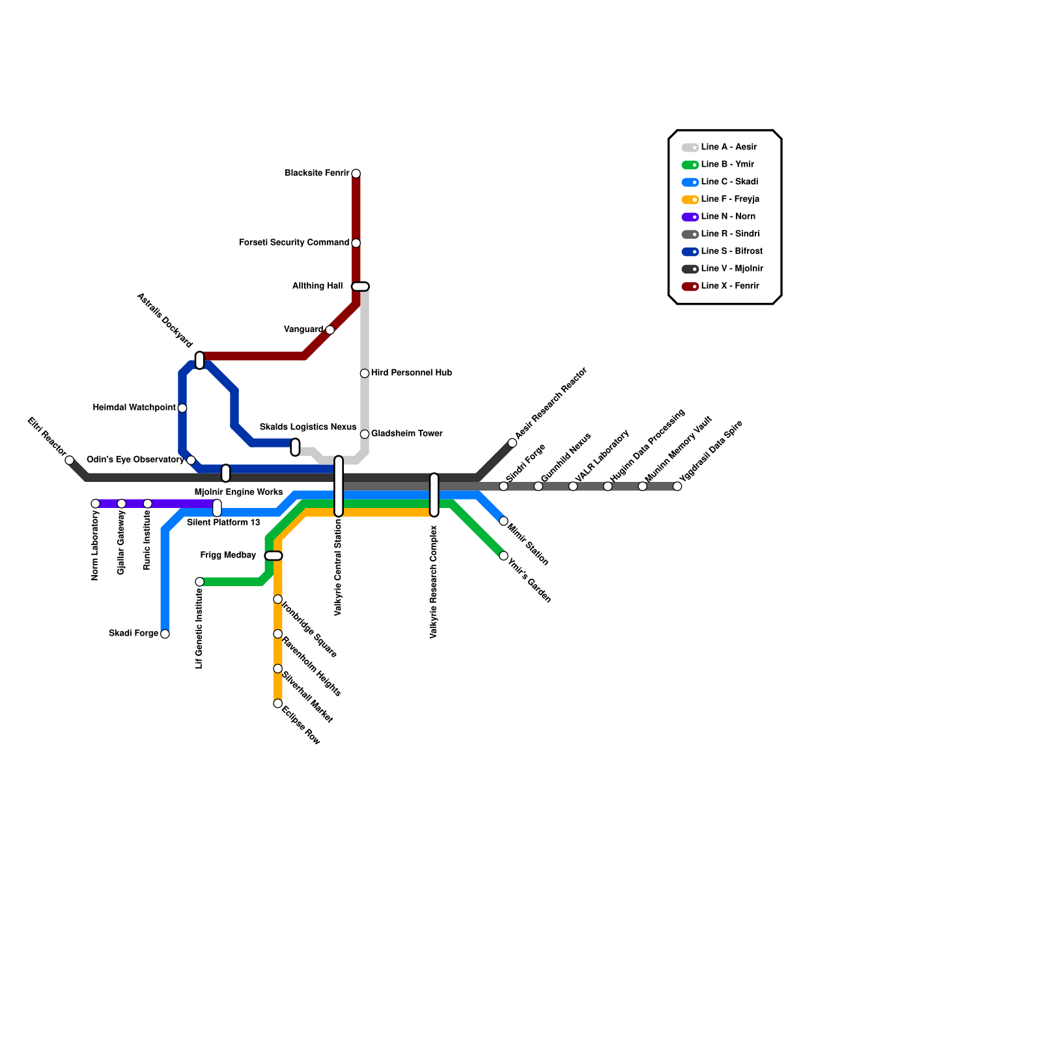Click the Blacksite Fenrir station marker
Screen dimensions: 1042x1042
(x=356, y=174)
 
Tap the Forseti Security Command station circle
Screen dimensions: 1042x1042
(x=356, y=244)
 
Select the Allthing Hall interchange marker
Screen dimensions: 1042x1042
(x=360, y=287)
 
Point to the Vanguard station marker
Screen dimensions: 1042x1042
(x=330, y=330)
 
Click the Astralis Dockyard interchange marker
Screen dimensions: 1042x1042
(x=200, y=360)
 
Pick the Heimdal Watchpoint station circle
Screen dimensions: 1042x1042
(x=182, y=408)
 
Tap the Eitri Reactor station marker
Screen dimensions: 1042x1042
(x=70, y=460)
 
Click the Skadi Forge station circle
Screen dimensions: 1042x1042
(x=165, y=634)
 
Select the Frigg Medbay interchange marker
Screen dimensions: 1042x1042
(x=274, y=556)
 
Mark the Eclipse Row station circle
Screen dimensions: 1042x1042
(x=277, y=703)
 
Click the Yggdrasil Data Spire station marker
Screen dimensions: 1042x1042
(x=677, y=486)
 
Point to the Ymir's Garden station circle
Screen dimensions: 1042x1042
(x=503, y=556)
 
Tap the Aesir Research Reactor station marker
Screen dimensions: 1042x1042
(x=513, y=443)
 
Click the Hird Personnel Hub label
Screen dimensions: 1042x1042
(x=412, y=373)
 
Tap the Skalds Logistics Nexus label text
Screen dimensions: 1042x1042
(x=308, y=427)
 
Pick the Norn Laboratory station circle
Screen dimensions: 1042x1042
(x=96, y=503)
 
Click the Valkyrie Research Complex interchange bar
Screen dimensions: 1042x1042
(x=434, y=495)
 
